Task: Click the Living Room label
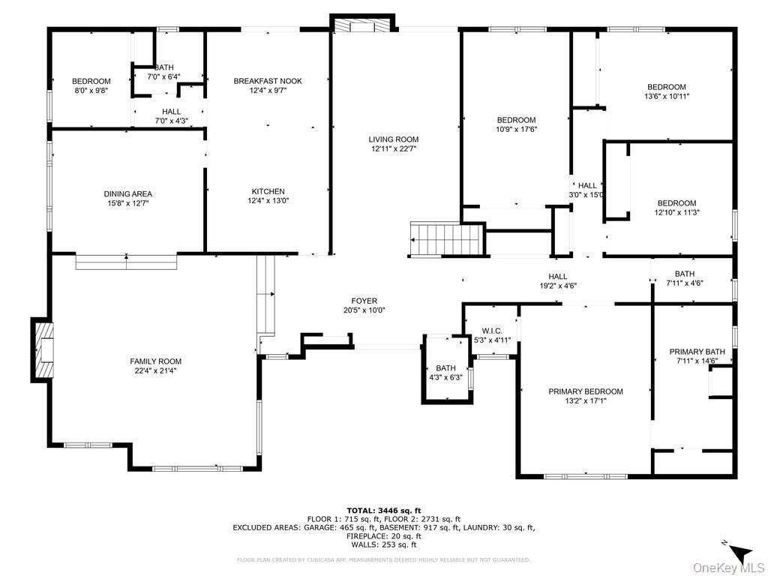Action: (393, 139)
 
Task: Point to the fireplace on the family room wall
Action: (43, 350)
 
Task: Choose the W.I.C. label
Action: (492, 331)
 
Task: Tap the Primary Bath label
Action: (697, 352)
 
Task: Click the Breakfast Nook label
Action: (268, 81)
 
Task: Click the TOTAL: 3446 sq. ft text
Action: (383, 510)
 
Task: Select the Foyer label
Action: (364, 301)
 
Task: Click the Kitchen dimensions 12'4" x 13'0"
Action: (268, 201)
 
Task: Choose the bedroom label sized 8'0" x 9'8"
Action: (91, 81)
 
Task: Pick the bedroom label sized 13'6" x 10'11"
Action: (667, 87)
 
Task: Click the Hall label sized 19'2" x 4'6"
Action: (557, 276)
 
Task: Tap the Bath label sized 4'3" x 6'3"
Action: (445, 367)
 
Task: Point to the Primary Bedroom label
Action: (585, 391)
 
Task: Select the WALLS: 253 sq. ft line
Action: (383, 545)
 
